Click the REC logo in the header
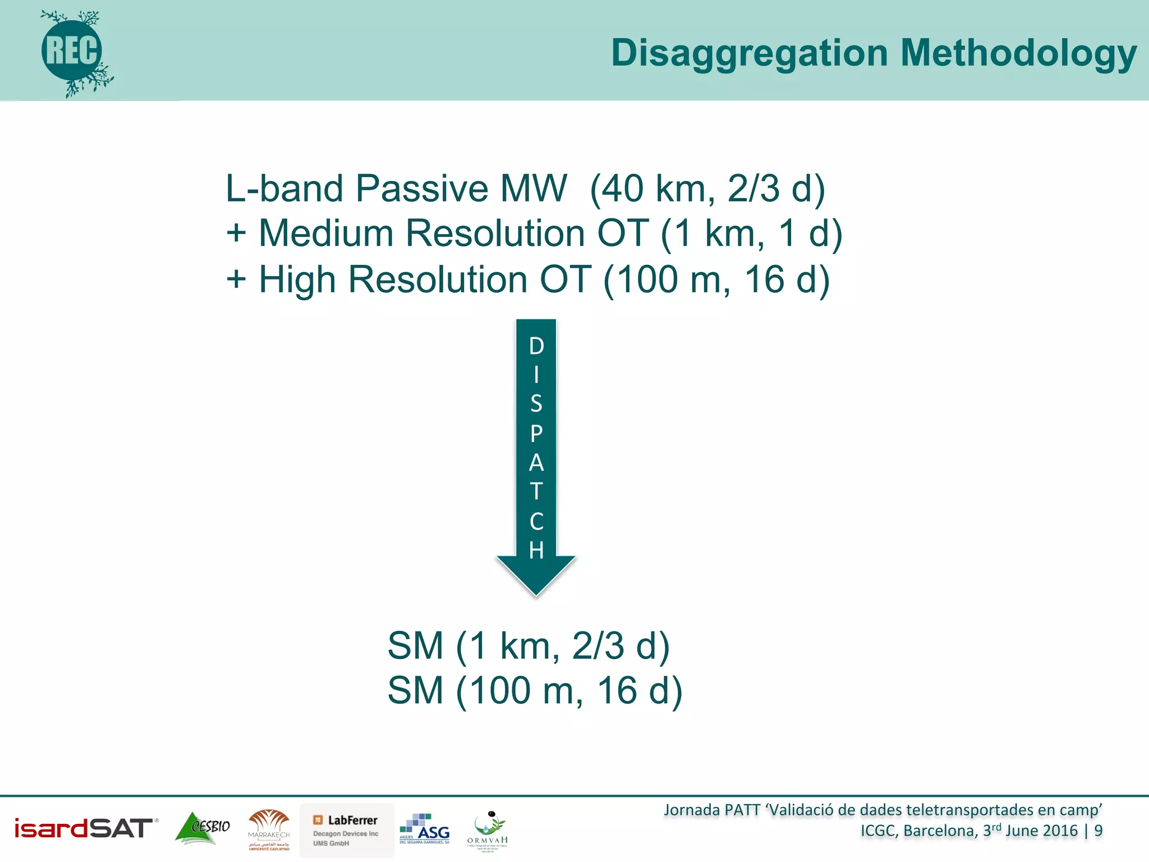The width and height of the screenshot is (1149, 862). (x=73, y=52)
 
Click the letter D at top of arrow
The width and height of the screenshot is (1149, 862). (x=536, y=346)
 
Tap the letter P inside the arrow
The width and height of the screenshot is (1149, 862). (x=536, y=433)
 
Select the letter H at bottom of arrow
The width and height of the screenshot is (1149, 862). (x=536, y=550)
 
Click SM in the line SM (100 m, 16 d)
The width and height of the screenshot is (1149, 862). (x=415, y=690)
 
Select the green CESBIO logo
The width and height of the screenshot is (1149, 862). (x=203, y=828)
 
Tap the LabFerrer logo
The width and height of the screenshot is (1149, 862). (x=347, y=829)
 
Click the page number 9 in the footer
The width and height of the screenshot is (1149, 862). (x=1098, y=831)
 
